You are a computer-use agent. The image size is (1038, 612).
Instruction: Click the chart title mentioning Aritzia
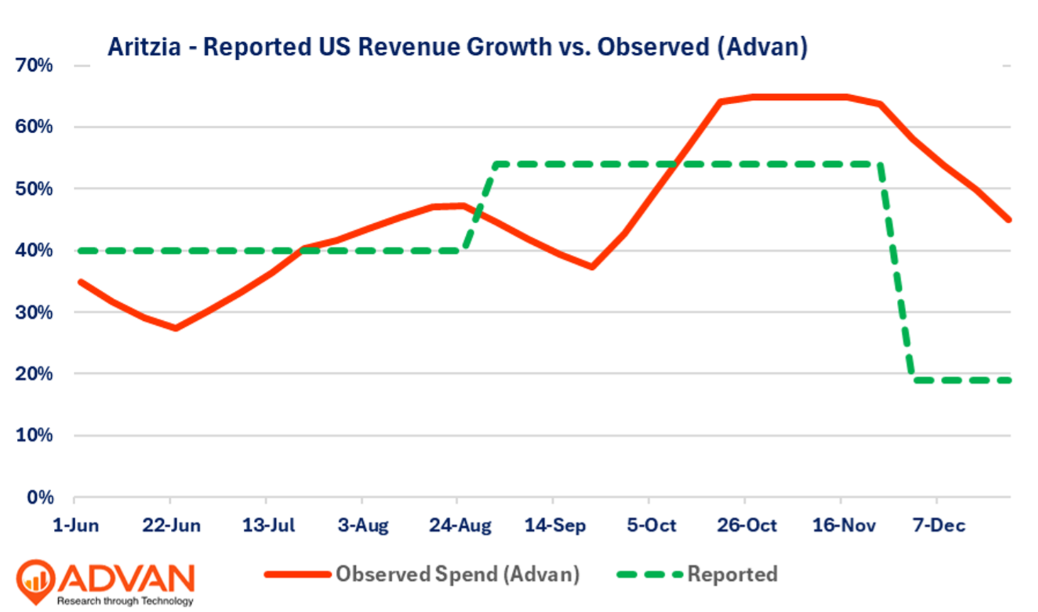click(457, 47)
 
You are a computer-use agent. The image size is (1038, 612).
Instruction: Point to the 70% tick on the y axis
click(34, 65)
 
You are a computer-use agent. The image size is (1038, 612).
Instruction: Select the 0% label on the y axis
click(40, 497)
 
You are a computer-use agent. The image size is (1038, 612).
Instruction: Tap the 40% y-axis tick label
click(34, 250)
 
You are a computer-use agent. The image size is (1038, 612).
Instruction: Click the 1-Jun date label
click(76, 526)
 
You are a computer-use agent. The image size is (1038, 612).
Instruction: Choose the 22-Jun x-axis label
click(172, 526)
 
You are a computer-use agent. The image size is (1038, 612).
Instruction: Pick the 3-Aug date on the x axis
click(363, 526)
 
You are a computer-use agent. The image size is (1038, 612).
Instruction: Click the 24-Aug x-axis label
click(460, 526)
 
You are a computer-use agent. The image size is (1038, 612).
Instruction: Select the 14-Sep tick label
click(555, 526)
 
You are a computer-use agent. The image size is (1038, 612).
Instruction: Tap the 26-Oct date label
click(747, 526)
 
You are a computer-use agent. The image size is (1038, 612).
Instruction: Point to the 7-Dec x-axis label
click(939, 526)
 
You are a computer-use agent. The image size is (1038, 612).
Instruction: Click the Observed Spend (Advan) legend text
click(457, 574)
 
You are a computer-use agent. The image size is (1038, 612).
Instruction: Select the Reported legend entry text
click(732, 574)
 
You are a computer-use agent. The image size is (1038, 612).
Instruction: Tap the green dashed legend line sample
click(649, 574)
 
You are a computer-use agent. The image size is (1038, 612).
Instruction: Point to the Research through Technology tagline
click(125, 601)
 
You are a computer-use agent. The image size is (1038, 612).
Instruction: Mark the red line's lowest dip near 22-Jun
click(175, 328)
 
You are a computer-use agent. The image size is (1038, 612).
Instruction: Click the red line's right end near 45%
click(1008, 220)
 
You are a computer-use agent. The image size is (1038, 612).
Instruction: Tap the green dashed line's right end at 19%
click(1008, 380)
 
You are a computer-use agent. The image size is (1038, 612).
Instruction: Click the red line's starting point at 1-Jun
click(80, 282)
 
